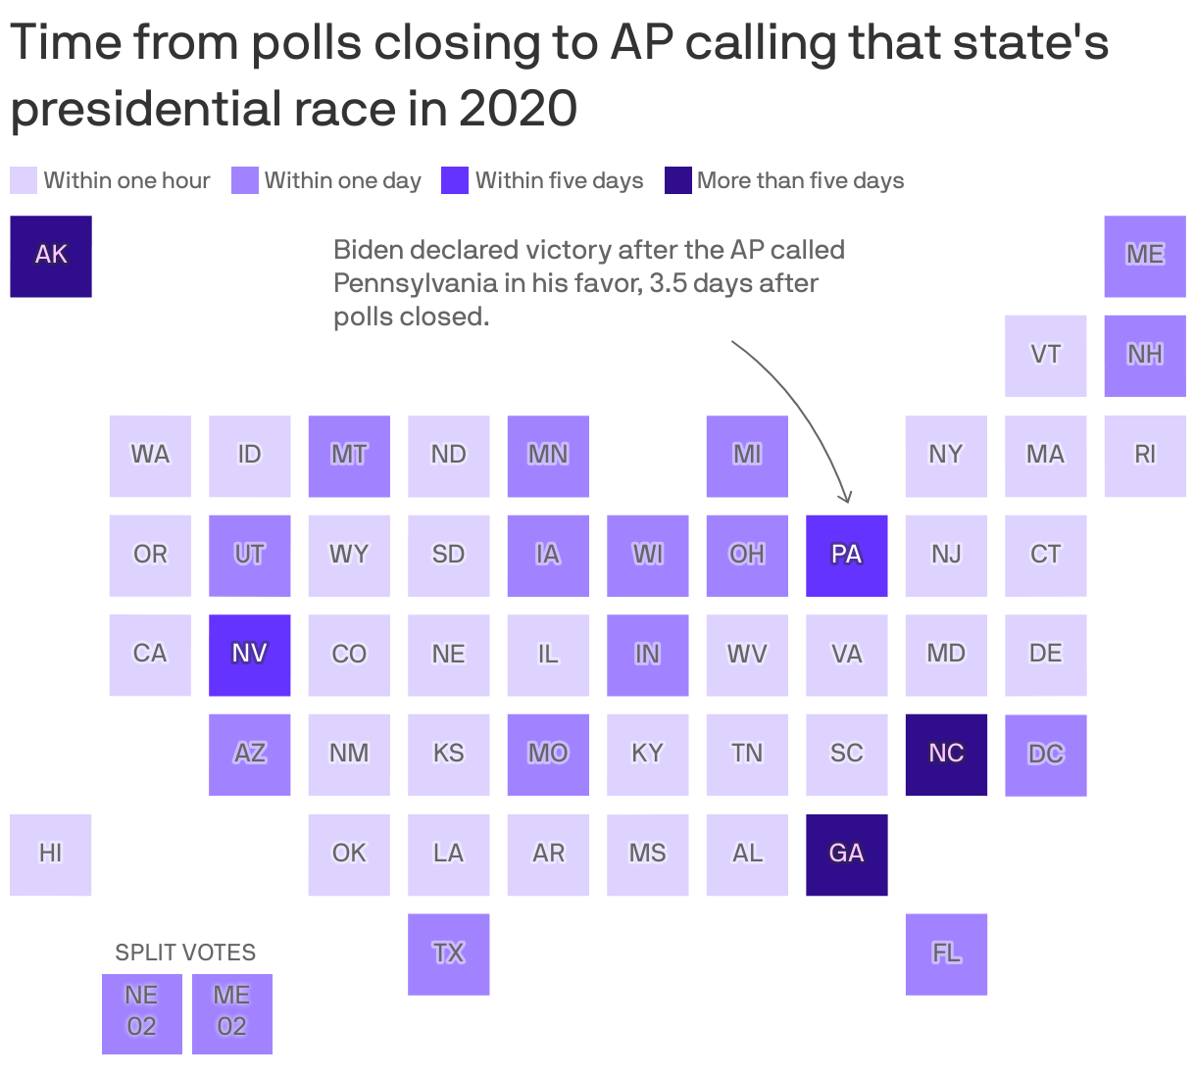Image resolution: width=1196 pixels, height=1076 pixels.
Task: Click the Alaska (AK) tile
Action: pos(51,256)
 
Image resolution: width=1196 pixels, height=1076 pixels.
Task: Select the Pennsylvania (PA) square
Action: pos(846,556)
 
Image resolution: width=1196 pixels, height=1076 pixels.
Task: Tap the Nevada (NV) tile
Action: pos(249,655)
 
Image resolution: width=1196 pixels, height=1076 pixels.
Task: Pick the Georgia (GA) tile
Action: pos(846,855)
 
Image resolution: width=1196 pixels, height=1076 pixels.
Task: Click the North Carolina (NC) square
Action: pos(946,755)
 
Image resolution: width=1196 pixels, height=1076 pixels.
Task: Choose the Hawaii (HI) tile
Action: pos(51,855)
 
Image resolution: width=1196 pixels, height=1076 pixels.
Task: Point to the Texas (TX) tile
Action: pos(448,954)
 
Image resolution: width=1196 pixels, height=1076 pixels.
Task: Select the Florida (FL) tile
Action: pos(946,954)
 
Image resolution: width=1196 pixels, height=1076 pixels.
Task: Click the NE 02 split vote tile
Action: pos(142,1013)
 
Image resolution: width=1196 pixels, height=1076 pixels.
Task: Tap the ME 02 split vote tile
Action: pos(232,1013)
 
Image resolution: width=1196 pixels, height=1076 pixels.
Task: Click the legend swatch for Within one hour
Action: pos(24,180)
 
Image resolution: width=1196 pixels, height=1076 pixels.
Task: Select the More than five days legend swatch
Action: pos(678,180)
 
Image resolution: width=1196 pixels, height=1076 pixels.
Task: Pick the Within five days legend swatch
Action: pos(455,180)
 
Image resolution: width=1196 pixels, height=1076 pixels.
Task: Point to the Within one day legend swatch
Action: pos(245,180)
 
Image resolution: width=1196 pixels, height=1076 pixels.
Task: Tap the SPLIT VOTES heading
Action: pos(185,953)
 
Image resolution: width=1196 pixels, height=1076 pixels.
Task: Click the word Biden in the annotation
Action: pos(368,250)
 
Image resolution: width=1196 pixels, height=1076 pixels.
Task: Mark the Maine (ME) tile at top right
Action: pos(1145,256)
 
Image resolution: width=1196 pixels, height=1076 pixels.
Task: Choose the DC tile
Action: pos(1045,755)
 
